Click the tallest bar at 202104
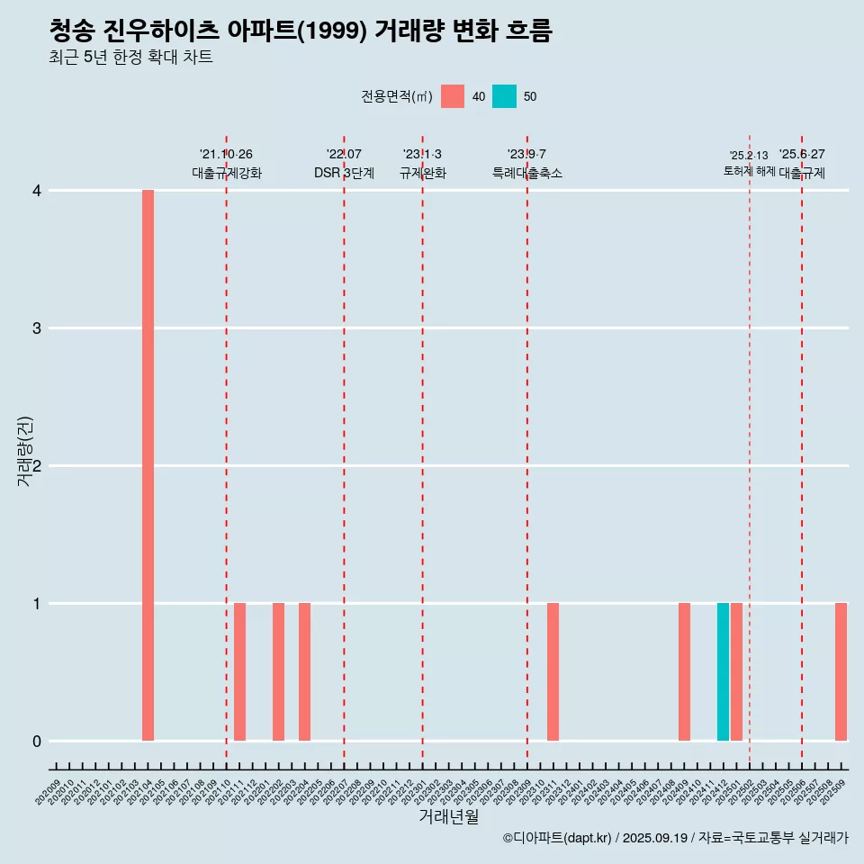pyautogui.click(x=148, y=465)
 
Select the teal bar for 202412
pyautogui.click(x=723, y=672)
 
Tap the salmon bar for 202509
pyautogui.click(x=841, y=672)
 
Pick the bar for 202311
pyautogui.click(x=553, y=672)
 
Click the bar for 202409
pyautogui.click(x=684, y=672)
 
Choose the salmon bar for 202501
pyautogui.click(x=736, y=672)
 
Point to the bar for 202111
pyautogui.click(x=239, y=672)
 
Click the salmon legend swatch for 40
pyautogui.click(x=453, y=96)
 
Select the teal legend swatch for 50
pyautogui.click(x=504, y=96)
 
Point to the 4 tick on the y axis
pyautogui.click(x=37, y=190)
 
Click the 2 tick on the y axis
pyautogui.click(x=37, y=465)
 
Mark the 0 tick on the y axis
pyautogui.click(x=37, y=741)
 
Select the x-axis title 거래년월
pyautogui.click(x=448, y=816)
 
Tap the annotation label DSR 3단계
pyautogui.click(x=344, y=173)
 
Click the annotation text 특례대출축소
pyautogui.click(x=526, y=173)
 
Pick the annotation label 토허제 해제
pyautogui.click(x=749, y=171)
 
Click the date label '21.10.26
pyautogui.click(x=226, y=154)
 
